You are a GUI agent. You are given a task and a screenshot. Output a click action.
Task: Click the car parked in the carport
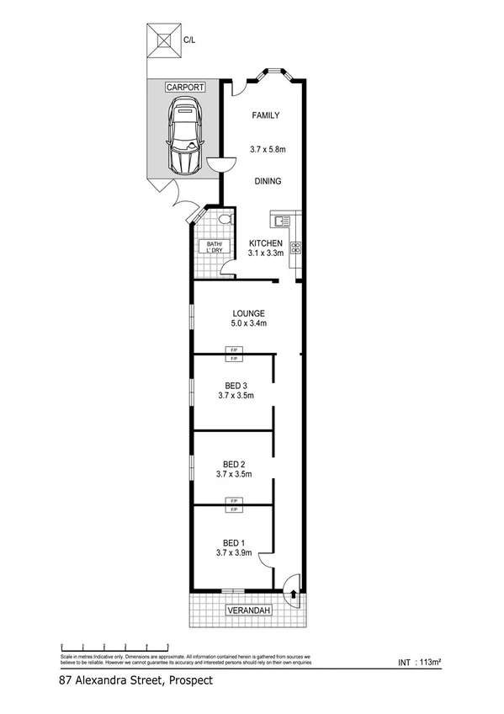point(184,136)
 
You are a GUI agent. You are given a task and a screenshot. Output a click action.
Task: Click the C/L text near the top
point(189,37)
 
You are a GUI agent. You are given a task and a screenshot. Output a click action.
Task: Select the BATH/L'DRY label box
point(209,248)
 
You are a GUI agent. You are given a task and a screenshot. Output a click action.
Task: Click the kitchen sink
point(279,221)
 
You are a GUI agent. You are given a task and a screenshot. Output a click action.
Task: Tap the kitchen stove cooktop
point(295,248)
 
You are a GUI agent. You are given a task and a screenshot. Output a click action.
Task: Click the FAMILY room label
point(265,116)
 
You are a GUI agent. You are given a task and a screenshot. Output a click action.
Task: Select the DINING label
point(267,181)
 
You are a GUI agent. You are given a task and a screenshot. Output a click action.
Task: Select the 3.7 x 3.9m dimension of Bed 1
point(236,553)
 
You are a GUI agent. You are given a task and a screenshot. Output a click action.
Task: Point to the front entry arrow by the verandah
point(293,593)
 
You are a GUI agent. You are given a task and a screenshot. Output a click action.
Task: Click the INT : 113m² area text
point(417,663)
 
